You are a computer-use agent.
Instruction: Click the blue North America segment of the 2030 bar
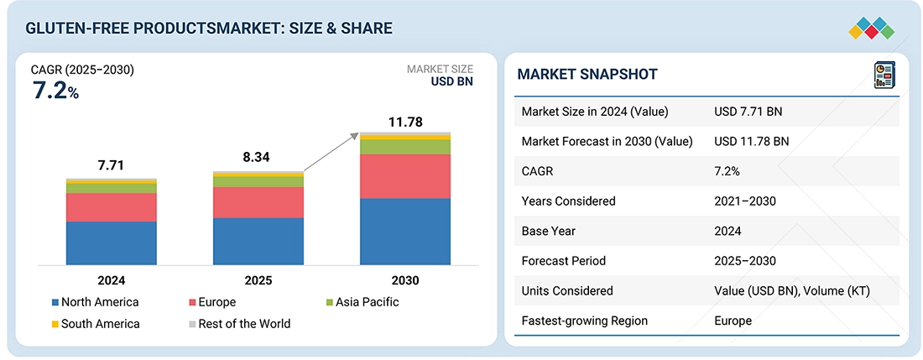[405, 232]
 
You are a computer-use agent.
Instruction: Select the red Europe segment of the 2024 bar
[112, 207]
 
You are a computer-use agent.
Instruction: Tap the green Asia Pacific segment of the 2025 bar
[258, 181]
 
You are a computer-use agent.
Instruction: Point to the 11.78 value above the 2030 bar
[404, 123]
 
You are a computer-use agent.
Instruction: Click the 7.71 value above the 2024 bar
[111, 165]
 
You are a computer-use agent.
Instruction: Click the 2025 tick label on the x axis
[258, 280]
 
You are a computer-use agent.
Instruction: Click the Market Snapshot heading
[587, 74]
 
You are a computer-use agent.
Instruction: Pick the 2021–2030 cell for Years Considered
[745, 201]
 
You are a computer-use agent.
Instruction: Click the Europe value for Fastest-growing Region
[733, 321]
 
